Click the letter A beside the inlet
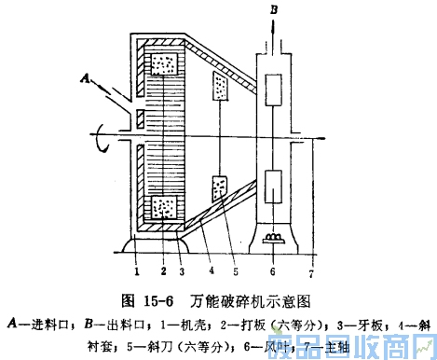86,81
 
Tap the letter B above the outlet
274,9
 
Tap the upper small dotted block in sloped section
220,86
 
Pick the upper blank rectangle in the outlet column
274,92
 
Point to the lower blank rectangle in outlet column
274,183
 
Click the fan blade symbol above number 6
274,239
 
